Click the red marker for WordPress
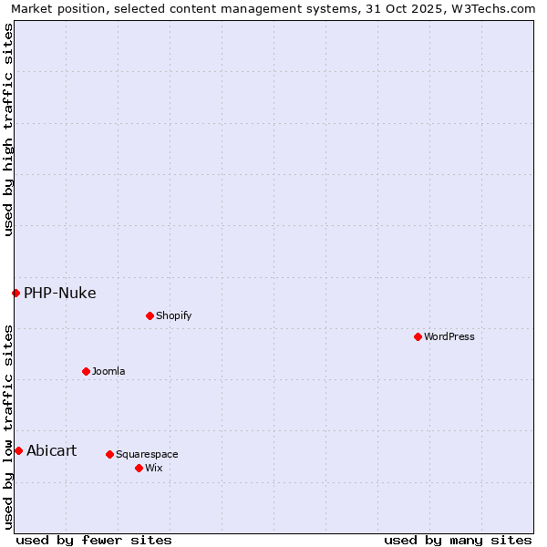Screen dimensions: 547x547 [x=418, y=336]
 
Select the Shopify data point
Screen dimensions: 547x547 [x=150, y=315]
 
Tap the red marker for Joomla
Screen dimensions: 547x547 [x=86, y=371]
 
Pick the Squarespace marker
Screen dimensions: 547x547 [x=109, y=454]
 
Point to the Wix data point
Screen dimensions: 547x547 [x=139, y=468]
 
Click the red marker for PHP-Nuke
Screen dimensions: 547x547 [x=15, y=293]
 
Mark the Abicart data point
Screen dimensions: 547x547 [x=18, y=450]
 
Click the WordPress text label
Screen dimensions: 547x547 [x=449, y=336]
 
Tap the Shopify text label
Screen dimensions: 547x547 [x=173, y=315]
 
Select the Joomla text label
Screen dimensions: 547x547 [x=108, y=371]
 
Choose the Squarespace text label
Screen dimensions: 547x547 [x=147, y=454]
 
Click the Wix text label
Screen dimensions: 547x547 [x=153, y=468]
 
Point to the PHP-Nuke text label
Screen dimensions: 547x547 [x=60, y=293]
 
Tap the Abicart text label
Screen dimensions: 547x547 [x=52, y=450]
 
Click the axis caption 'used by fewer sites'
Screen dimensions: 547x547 [x=94, y=540]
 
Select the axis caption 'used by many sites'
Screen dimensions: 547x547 [x=458, y=540]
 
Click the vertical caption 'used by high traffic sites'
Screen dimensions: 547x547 [x=8, y=129]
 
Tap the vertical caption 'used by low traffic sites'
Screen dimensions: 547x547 [x=8, y=426]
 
